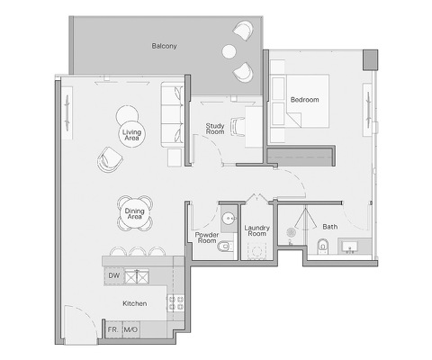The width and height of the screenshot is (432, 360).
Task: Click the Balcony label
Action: (x=163, y=44)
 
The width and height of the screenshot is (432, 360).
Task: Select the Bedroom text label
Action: (x=304, y=99)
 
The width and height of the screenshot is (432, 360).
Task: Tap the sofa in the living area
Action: (x=170, y=115)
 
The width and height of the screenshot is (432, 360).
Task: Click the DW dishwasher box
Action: (x=113, y=276)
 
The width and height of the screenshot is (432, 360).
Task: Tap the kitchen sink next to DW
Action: (x=137, y=276)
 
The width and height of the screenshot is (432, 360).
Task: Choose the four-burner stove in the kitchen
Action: (x=175, y=305)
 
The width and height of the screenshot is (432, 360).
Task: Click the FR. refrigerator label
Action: (x=113, y=330)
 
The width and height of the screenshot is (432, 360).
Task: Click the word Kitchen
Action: (x=135, y=304)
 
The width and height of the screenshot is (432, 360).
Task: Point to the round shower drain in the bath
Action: (x=291, y=233)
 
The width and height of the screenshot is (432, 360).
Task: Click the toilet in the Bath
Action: (x=322, y=246)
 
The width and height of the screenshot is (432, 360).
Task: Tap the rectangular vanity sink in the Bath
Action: (x=350, y=246)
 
